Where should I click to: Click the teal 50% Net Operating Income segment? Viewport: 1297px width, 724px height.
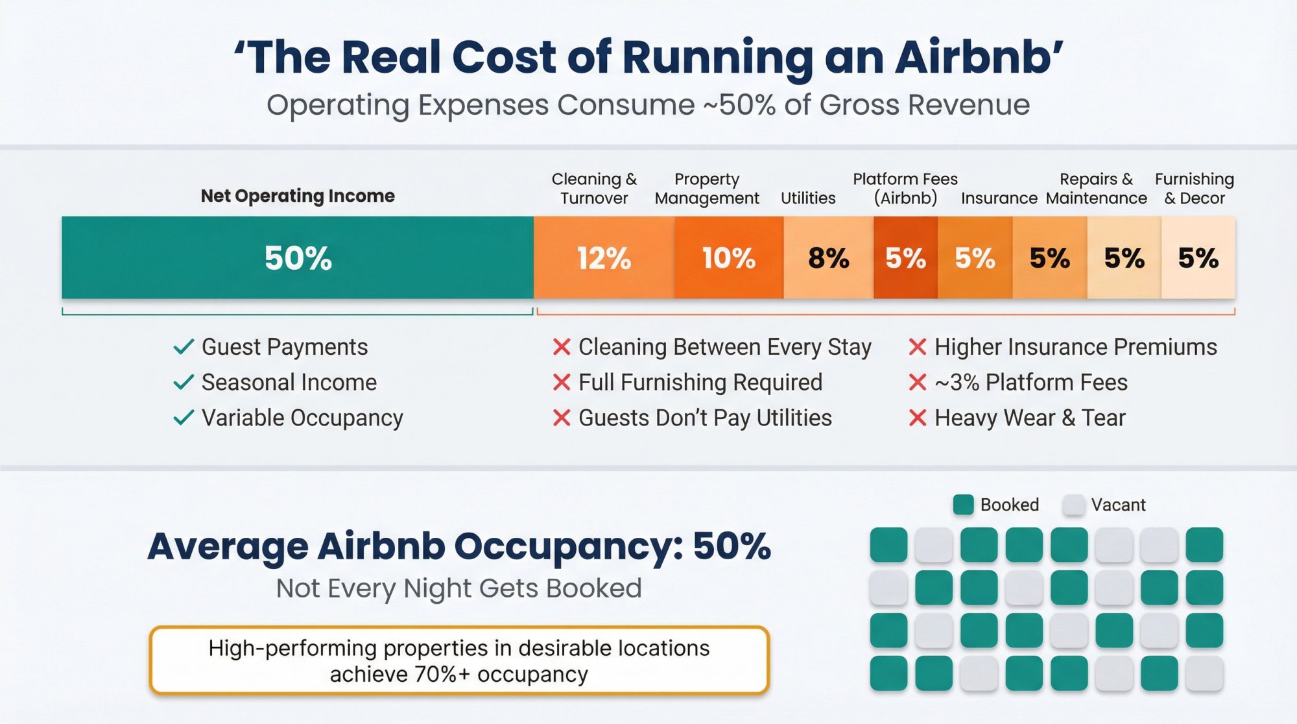298,258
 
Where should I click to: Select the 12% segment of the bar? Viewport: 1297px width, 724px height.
604,258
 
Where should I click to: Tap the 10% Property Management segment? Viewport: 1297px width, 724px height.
728,258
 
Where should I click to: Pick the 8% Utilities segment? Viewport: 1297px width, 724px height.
828,258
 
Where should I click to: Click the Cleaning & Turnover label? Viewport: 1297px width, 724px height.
594,188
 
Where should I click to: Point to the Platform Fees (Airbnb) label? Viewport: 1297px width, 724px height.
905,188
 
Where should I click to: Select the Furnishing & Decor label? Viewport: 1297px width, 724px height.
1195,188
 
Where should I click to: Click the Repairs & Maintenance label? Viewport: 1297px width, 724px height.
1096,188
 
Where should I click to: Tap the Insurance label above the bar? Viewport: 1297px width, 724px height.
999,198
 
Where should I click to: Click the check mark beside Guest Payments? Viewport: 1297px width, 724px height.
184,347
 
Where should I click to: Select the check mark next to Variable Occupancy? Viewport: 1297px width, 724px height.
184,418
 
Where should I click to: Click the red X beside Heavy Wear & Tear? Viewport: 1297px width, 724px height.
918,418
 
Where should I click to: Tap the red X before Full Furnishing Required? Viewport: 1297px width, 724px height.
562,383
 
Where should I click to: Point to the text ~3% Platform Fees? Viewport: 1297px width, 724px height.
1031,383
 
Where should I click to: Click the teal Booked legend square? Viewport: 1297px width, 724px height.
964,505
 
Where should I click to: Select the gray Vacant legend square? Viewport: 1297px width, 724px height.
1074,505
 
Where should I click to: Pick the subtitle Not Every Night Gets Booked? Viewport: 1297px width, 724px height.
458,588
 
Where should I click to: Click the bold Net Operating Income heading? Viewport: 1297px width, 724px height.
298,196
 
